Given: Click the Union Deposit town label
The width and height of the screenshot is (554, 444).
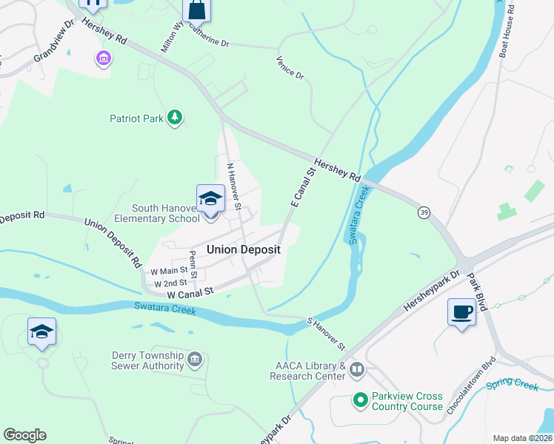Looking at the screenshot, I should coord(243,249).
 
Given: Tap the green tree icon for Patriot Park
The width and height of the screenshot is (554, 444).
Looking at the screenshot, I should coord(175,118).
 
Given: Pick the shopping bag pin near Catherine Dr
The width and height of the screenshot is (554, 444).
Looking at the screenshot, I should coord(197,10).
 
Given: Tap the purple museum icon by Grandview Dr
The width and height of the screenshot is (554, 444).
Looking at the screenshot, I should coord(103,58).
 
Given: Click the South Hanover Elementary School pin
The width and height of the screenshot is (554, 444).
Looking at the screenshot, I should coord(210,200).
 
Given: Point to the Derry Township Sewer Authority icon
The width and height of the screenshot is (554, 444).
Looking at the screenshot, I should coord(195,360).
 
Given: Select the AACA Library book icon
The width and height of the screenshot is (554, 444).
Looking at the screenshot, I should coord(357,369).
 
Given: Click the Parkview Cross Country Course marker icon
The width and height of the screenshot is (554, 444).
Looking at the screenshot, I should coord(360,400).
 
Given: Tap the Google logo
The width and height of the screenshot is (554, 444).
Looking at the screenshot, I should coord(24,435).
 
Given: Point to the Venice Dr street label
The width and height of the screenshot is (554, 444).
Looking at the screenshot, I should coord(290,68).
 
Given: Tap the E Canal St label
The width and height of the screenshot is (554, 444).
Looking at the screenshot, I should coord(303,186).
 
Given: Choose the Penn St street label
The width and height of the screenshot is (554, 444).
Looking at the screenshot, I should coord(193,264).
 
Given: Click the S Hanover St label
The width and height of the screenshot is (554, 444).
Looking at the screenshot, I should coord(327,334).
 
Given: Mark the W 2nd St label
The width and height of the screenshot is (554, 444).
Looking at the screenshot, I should coord(170,283).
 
